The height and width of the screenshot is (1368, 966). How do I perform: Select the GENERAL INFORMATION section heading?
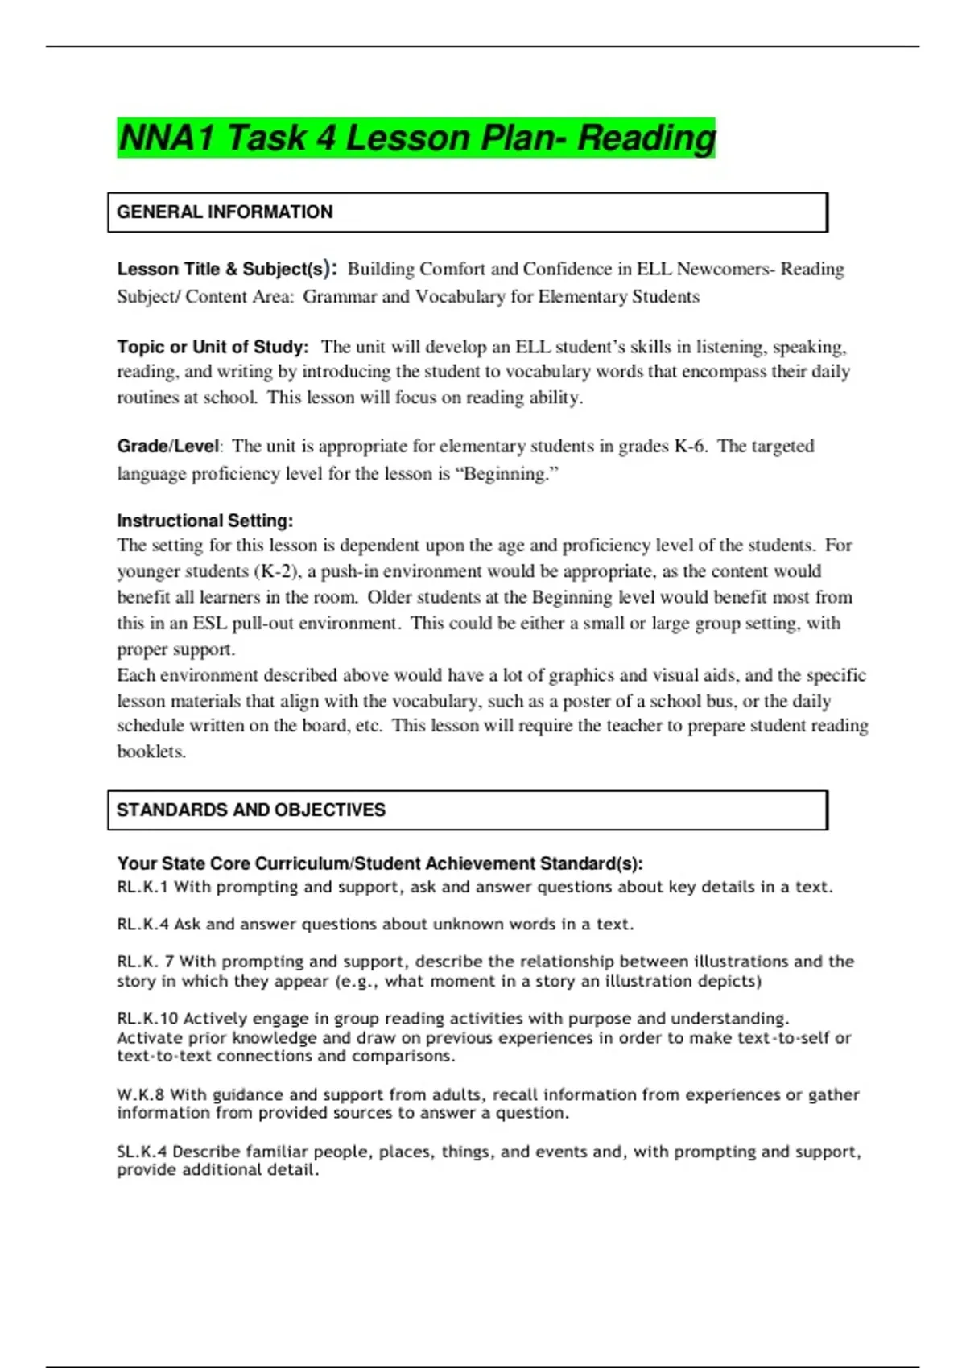(x=225, y=212)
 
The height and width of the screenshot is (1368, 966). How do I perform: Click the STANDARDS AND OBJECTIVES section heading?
(x=251, y=810)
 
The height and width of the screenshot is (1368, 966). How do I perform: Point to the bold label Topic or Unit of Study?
(x=213, y=347)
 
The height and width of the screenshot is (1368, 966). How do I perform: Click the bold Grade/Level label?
(x=167, y=446)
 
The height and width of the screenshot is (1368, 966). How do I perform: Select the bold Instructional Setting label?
(x=204, y=521)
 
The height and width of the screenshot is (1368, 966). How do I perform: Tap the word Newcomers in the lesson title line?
(x=721, y=269)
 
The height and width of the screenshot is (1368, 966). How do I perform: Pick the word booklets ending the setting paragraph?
(x=151, y=752)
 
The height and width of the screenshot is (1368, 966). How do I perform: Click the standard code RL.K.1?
(x=142, y=887)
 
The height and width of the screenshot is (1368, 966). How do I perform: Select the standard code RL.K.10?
(x=147, y=1018)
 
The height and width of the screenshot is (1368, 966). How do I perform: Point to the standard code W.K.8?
(x=140, y=1094)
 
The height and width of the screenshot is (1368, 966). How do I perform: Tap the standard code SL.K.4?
(x=142, y=1152)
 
